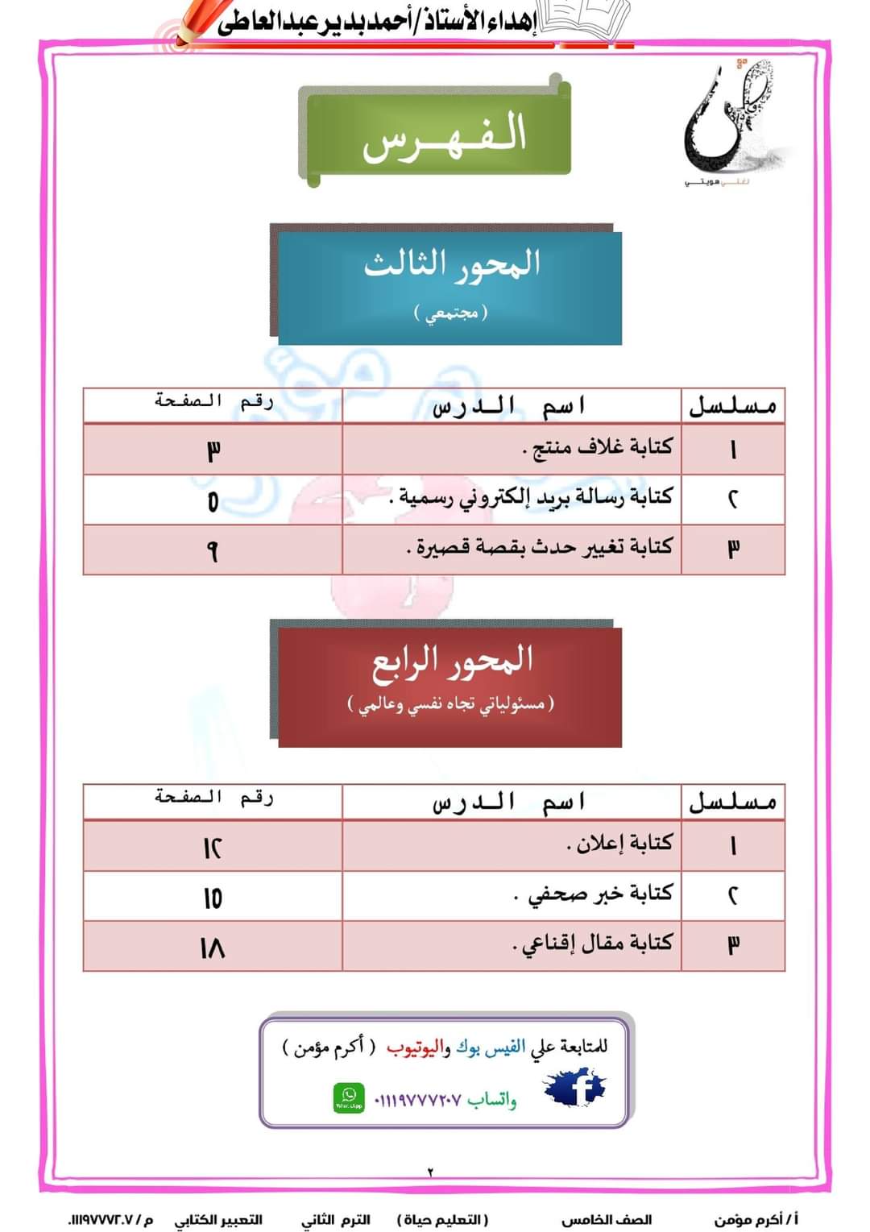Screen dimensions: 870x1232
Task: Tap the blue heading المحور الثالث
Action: coord(452,265)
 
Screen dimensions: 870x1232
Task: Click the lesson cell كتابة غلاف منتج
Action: coord(597,448)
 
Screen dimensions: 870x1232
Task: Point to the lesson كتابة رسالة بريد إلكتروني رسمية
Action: coord(531,498)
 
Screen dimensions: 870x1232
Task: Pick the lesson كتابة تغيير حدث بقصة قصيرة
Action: coord(540,548)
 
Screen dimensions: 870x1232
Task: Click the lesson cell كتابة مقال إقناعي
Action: coord(592,944)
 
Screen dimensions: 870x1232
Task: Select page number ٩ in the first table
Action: coord(212,551)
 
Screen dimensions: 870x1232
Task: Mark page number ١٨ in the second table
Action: coord(212,948)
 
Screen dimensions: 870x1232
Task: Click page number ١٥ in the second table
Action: coord(212,898)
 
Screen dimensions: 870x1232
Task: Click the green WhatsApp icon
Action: coord(349,1097)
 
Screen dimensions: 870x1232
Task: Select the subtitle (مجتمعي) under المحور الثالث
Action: coord(452,313)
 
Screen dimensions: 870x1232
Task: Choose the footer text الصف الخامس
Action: coord(606,1220)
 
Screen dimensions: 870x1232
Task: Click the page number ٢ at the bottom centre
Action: coord(430,1172)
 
